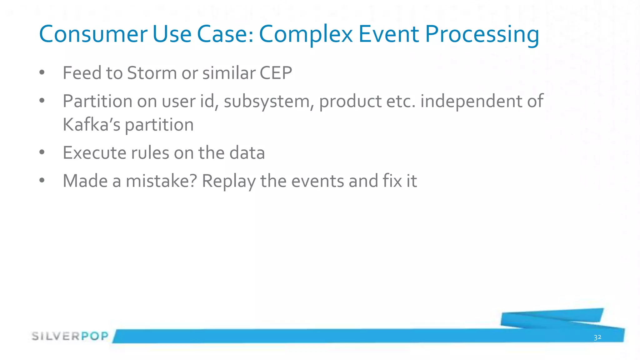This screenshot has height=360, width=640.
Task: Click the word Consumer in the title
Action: pos(93,34)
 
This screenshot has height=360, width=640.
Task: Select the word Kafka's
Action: pos(91,125)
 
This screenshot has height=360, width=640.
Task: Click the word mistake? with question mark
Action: pos(161,181)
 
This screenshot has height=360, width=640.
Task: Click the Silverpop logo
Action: pos(70,336)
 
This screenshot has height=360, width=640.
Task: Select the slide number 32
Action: pos(597,337)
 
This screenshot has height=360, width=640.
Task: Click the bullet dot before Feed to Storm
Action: pos(42,73)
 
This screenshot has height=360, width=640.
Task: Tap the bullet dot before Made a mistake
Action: pos(42,180)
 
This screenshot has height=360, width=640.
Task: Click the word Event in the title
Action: pos(388,34)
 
